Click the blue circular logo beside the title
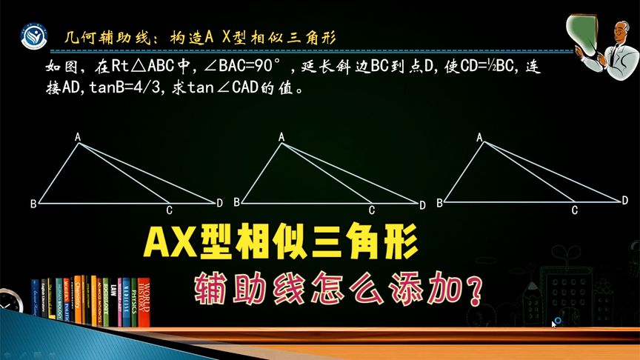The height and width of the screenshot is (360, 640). [32, 38]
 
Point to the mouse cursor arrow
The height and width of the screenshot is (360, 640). [553, 323]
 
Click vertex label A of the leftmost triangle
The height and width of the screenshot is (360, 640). [77, 136]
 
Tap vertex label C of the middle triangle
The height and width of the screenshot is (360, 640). [372, 210]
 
